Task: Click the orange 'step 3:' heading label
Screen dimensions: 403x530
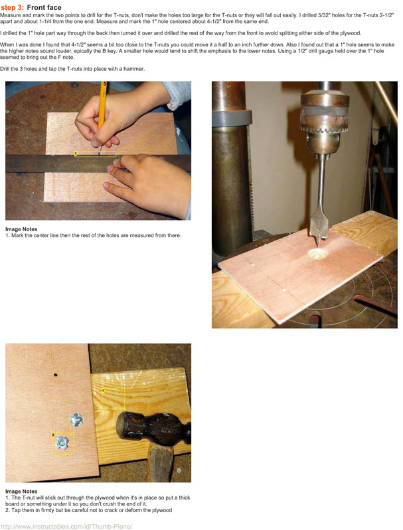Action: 12,7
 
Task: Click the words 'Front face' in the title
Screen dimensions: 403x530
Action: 44,7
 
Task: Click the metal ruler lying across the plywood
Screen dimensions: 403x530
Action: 98,163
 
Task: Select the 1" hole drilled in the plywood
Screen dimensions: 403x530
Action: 317,254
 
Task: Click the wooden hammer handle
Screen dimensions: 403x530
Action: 161,462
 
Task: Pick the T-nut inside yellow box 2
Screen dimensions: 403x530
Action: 62,443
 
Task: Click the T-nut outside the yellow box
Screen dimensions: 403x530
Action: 77,420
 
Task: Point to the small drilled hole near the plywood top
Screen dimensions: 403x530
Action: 56,374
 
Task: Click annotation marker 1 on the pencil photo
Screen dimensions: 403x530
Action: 76,154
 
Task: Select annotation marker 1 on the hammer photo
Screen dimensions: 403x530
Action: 104,390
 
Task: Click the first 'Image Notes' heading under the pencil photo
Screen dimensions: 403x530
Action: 21,229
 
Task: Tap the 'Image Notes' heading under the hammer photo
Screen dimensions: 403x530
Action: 21,492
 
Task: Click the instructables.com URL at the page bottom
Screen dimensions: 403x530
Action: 66,526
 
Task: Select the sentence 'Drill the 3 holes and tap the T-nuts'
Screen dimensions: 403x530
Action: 72,69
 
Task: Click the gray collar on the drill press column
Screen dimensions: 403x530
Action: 232,118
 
